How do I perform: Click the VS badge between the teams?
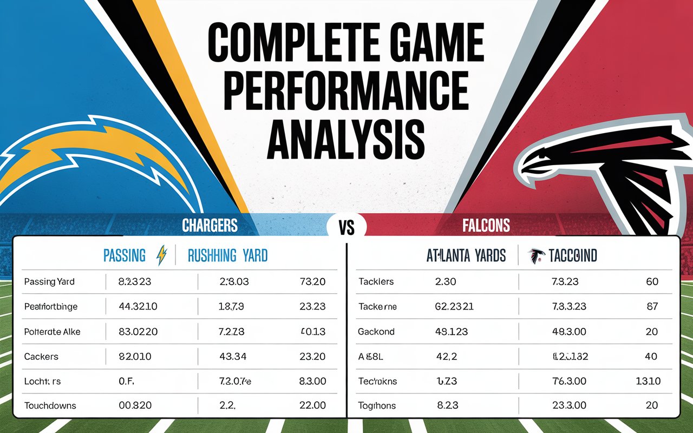click(x=346, y=227)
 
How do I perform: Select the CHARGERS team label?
click(x=210, y=225)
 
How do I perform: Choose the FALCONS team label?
click(x=486, y=225)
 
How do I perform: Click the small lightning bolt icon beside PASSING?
click(x=161, y=255)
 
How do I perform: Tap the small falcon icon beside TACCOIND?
click(x=536, y=255)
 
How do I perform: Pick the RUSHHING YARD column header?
click(x=227, y=255)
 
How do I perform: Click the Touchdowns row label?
click(x=50, y=405)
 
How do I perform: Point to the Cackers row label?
click(x=41, y=357)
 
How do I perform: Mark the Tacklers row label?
click(x=376, y=281)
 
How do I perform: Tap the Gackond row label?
click(x=376, y=331)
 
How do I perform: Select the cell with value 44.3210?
click(x=138, y=306)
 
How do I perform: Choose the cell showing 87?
click(x=652, y=306)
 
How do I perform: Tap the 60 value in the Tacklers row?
click(x=652, y=281)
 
